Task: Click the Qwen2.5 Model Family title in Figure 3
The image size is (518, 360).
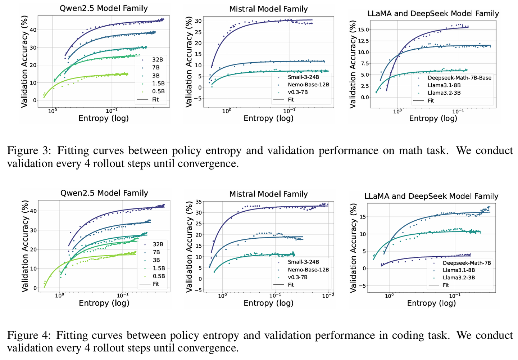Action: coord(104,8)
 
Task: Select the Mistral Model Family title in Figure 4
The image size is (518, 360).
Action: coord(268,194)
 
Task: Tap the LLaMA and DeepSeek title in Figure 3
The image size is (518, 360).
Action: coord(433,14)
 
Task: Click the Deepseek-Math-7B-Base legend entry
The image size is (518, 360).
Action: coord(459,78)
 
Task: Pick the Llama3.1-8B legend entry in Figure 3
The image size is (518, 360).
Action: coord(444,85)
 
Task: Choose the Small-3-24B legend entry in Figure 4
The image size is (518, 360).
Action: coord(303,262)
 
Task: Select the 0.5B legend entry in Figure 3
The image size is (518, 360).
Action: coord(158,91)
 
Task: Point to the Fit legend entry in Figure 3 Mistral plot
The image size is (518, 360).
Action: coord(291,100)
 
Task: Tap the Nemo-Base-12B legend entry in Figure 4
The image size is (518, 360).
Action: coord(308,270)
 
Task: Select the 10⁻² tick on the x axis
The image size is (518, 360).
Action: coord(328,296)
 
